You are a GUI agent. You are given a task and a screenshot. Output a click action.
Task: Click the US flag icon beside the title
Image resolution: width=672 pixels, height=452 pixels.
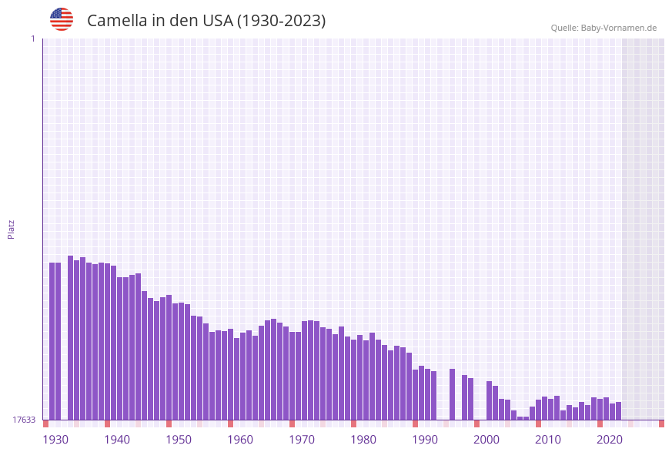pyautogui.click(x=62, y=19)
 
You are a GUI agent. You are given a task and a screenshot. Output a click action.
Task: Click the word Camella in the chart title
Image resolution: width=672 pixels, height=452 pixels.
pyautogui.click(x=116, y=21)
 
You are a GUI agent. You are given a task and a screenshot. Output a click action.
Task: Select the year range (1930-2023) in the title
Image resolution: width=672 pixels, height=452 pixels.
pyautogui.click(x=281, y=21)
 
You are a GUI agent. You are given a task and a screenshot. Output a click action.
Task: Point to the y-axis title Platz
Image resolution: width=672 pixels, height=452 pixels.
pyautogui.click(x=12, y=229)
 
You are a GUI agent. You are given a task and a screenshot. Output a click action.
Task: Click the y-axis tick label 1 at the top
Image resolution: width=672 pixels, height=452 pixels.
pyautogui.click(x=32, y=39)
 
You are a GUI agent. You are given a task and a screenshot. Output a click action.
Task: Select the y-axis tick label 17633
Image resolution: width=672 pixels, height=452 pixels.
pyautogui.click(x=24, y=420)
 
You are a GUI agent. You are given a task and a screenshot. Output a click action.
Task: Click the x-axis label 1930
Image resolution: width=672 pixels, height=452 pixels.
pyautogui.click(x=55, y=440)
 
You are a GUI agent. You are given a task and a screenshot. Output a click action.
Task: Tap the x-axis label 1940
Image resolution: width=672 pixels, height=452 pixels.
pyautogui.click(x=117, y=440)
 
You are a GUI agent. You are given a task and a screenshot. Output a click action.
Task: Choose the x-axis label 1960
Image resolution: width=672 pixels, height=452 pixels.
pyautogui.click(x=240, y=440)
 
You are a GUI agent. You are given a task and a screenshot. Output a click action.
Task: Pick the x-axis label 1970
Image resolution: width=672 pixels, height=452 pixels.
pyautogui.click(x=302, y=440)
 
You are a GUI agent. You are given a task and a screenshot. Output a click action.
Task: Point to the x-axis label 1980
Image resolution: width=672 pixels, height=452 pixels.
pyautogui.click(x=363, y=440)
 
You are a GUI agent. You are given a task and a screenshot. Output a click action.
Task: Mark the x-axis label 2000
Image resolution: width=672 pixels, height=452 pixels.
pyautogui.click(x=486, y=440)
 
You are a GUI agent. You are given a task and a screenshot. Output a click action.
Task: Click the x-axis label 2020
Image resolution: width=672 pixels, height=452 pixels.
pyautogui.click(x=610, y=440)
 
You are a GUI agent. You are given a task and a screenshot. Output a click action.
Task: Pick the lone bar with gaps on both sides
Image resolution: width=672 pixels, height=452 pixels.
pyautogui.click(x=452, y=394)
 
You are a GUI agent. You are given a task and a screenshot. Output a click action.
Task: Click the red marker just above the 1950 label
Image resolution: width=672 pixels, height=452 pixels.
pyautogui.click(x=169, y=424)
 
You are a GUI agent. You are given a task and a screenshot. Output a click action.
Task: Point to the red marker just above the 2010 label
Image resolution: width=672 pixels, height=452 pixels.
pyautogui.click(x=538, y=424)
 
